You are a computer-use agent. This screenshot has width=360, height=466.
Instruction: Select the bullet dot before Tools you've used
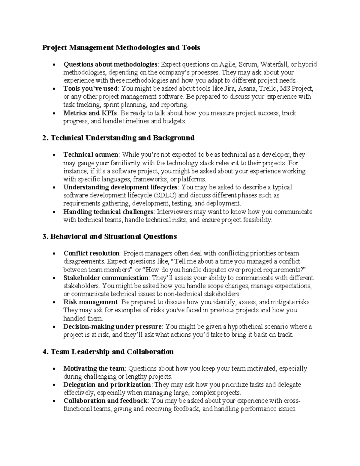pos(54,89)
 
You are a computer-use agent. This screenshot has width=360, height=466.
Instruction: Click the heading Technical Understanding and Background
pos(122,138)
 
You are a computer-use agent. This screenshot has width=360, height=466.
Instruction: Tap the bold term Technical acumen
pos(91,155)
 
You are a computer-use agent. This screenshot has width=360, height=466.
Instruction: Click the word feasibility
pos(257,220)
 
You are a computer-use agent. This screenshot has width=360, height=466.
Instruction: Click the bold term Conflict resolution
pos(91,253)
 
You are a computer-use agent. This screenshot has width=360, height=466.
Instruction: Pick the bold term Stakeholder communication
pos(106,278)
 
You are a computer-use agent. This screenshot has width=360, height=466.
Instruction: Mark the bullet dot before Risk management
pos(54,302)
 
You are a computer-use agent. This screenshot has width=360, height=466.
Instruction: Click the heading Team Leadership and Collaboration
pos(112,352)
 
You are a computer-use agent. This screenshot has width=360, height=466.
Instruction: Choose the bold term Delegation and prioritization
pos(107,385)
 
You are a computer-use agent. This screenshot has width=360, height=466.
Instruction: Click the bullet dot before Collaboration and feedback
pos(54,401)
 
